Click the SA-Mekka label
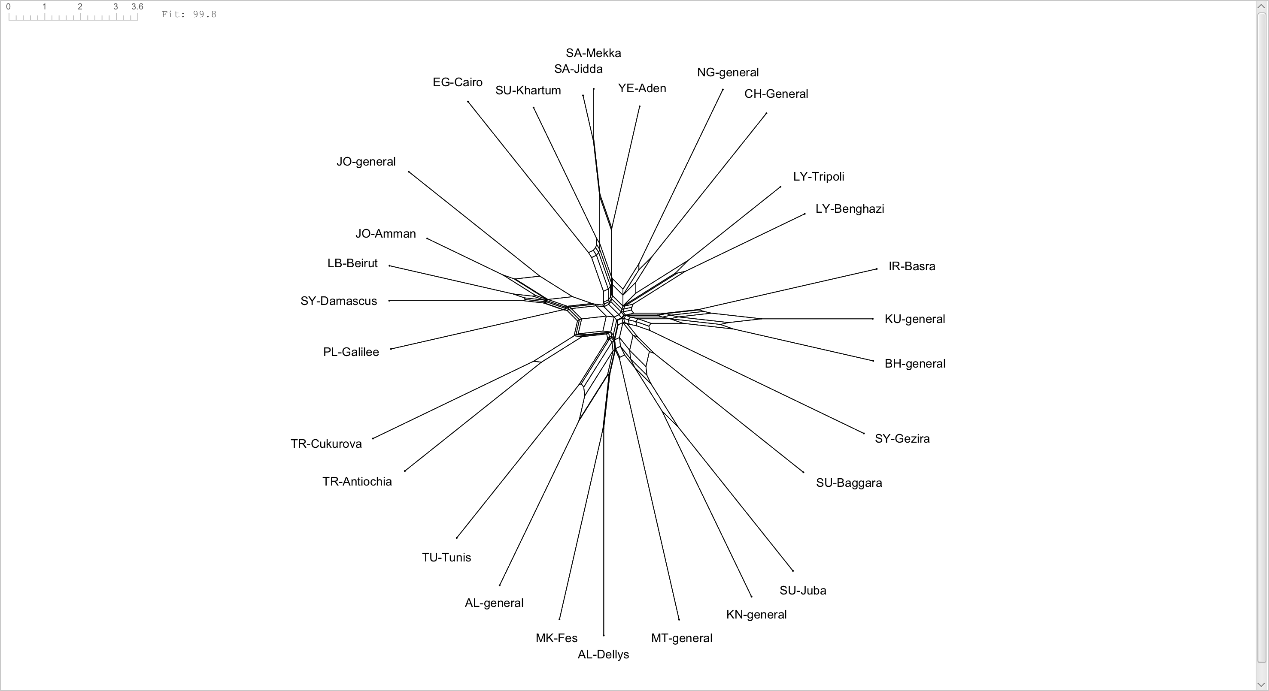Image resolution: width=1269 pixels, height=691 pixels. (593, 53)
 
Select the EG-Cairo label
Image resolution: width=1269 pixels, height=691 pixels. (457, 82)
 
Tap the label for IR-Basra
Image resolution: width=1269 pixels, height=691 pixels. (911, 266)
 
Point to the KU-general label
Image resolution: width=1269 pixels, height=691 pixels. (915, 319)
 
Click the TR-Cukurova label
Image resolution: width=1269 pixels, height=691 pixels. (326, 444)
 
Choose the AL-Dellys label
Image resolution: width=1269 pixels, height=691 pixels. (603, 655)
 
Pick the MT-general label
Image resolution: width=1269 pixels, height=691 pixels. (681, 638)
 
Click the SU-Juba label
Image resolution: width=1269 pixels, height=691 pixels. (802, 591)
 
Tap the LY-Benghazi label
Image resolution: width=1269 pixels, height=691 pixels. (850, 209)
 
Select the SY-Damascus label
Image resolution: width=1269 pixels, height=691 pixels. (338, 301)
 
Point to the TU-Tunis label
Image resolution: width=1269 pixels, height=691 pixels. (446, 558)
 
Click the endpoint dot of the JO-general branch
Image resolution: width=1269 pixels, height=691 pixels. (408, 171)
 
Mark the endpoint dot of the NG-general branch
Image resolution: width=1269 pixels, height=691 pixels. (723, 89)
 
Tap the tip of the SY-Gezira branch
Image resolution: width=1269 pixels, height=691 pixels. (864, 434)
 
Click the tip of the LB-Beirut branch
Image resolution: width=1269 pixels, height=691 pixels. (389, 266)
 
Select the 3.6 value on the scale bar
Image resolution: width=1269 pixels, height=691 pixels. (137, 7)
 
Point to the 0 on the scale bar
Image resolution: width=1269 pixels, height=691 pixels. (9, 7)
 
